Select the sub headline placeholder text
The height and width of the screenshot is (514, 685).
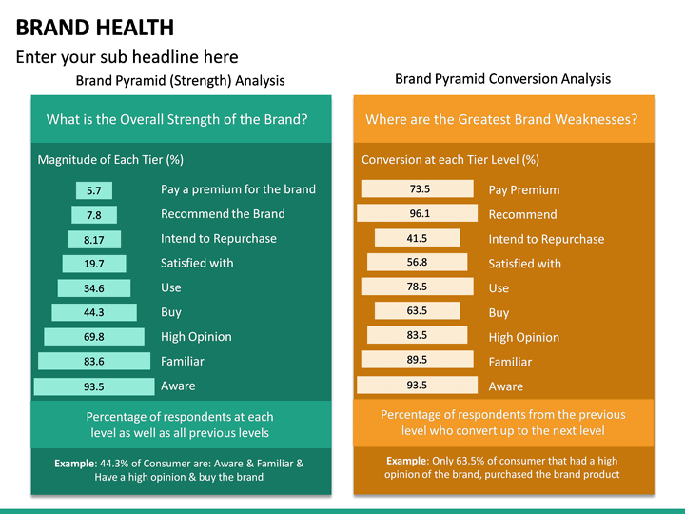point(127,57)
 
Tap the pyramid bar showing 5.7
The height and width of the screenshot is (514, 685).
point(93,190)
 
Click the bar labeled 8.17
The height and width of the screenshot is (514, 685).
point(93,240)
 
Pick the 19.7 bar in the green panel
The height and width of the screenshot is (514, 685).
point(93,264)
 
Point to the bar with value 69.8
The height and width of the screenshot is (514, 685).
point(93,337)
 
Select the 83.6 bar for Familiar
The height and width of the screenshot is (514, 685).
point(93,362)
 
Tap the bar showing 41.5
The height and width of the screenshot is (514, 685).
point(417,239)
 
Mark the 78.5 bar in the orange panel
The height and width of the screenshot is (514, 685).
point(417,287)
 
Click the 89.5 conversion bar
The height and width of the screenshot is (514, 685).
point(417,361)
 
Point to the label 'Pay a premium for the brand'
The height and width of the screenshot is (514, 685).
point(238,189)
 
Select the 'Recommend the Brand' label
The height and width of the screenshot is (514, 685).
point(223,214)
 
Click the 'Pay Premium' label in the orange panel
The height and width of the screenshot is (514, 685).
point(524,190)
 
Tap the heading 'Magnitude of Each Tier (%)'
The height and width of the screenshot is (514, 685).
point(110,160)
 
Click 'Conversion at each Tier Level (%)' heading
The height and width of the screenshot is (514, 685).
point(450,160)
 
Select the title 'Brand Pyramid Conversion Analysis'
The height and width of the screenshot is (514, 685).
point(502,79)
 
